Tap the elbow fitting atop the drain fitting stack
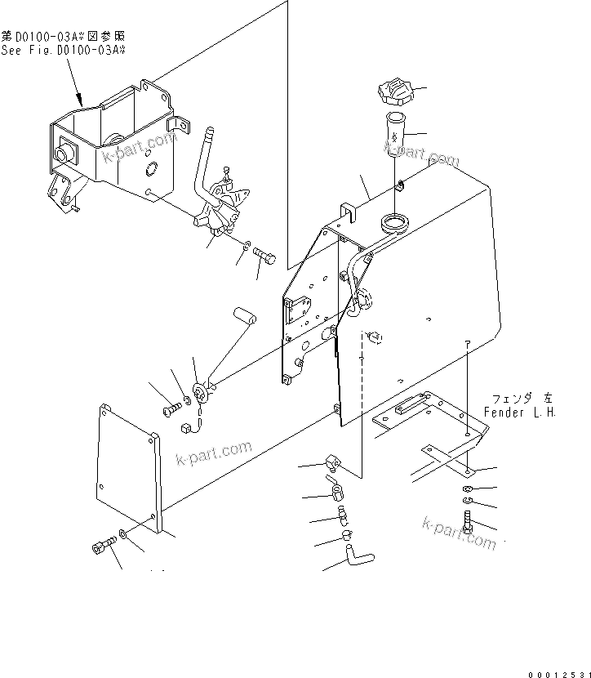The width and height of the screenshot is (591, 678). (332, 465)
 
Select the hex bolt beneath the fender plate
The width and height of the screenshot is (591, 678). (467, 520)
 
